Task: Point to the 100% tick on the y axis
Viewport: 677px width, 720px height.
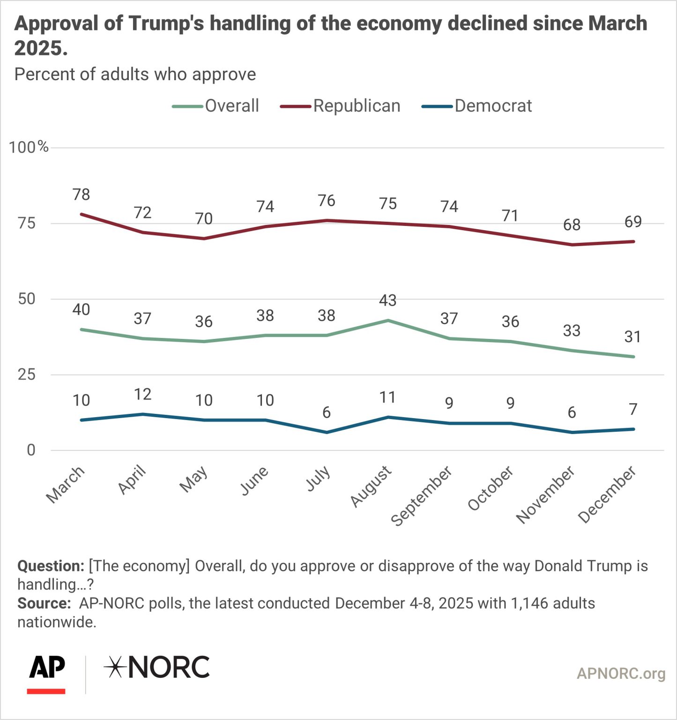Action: [x=29, y=147]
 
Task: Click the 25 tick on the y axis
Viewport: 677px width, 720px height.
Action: [x=27, y=375]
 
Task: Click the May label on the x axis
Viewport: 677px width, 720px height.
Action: [x=193, y=479]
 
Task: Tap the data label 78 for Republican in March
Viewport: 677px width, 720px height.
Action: [x=82, y=195]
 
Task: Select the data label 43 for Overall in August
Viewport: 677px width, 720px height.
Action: [x=388, y=300]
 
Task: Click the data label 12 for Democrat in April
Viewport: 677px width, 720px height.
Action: [x=143, y=395]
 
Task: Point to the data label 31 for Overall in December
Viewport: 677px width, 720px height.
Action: [x=633, y=337]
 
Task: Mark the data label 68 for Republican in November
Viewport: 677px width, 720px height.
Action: [x=572, y=225]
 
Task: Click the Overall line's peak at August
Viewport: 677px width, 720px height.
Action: [x=388, y=321]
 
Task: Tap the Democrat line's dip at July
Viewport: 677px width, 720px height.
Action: [x=327, y=432]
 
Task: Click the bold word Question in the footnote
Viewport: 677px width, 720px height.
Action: [x=51, y=566]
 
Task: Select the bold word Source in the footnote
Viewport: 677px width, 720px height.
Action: [x=44, y=603]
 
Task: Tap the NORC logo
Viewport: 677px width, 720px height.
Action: [x=157, y=667]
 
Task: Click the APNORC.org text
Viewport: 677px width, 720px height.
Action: [x=621, y=674]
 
